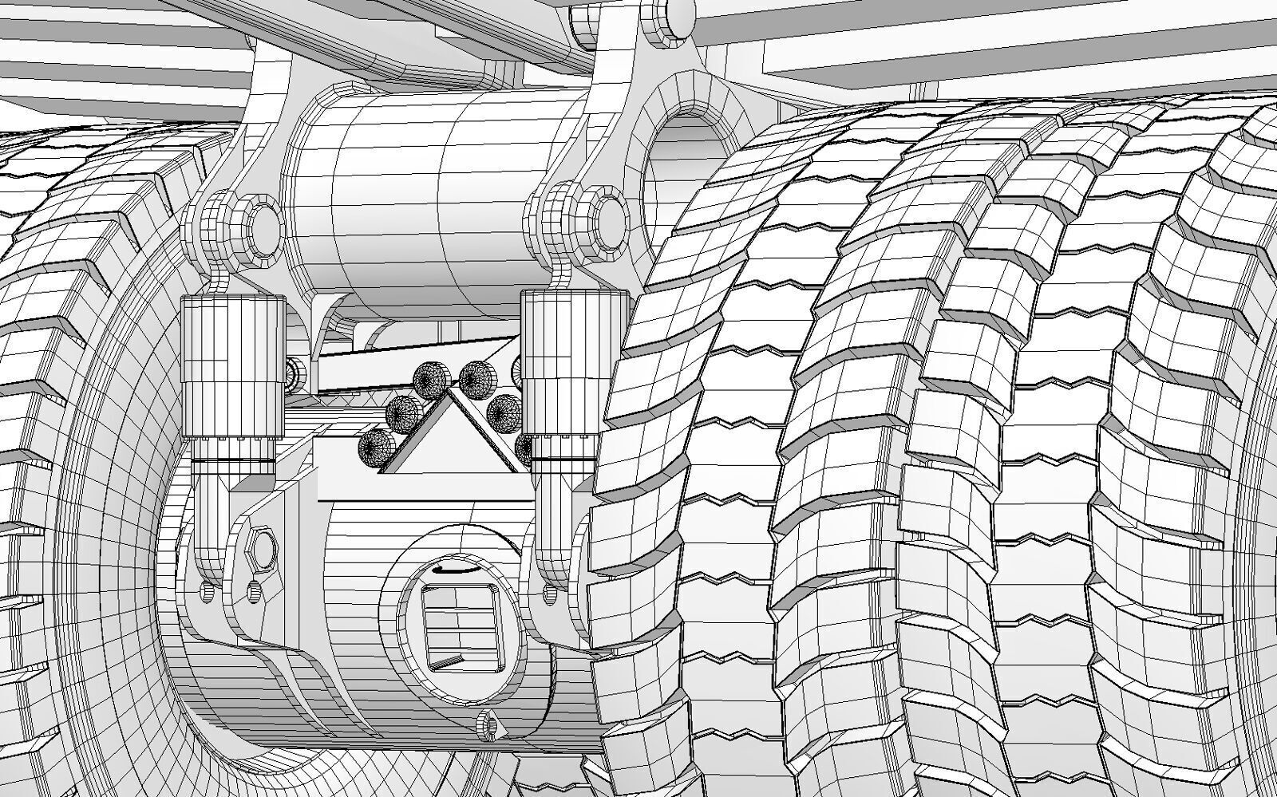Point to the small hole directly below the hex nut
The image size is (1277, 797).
255,591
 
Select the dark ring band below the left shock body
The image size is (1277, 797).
232,462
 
